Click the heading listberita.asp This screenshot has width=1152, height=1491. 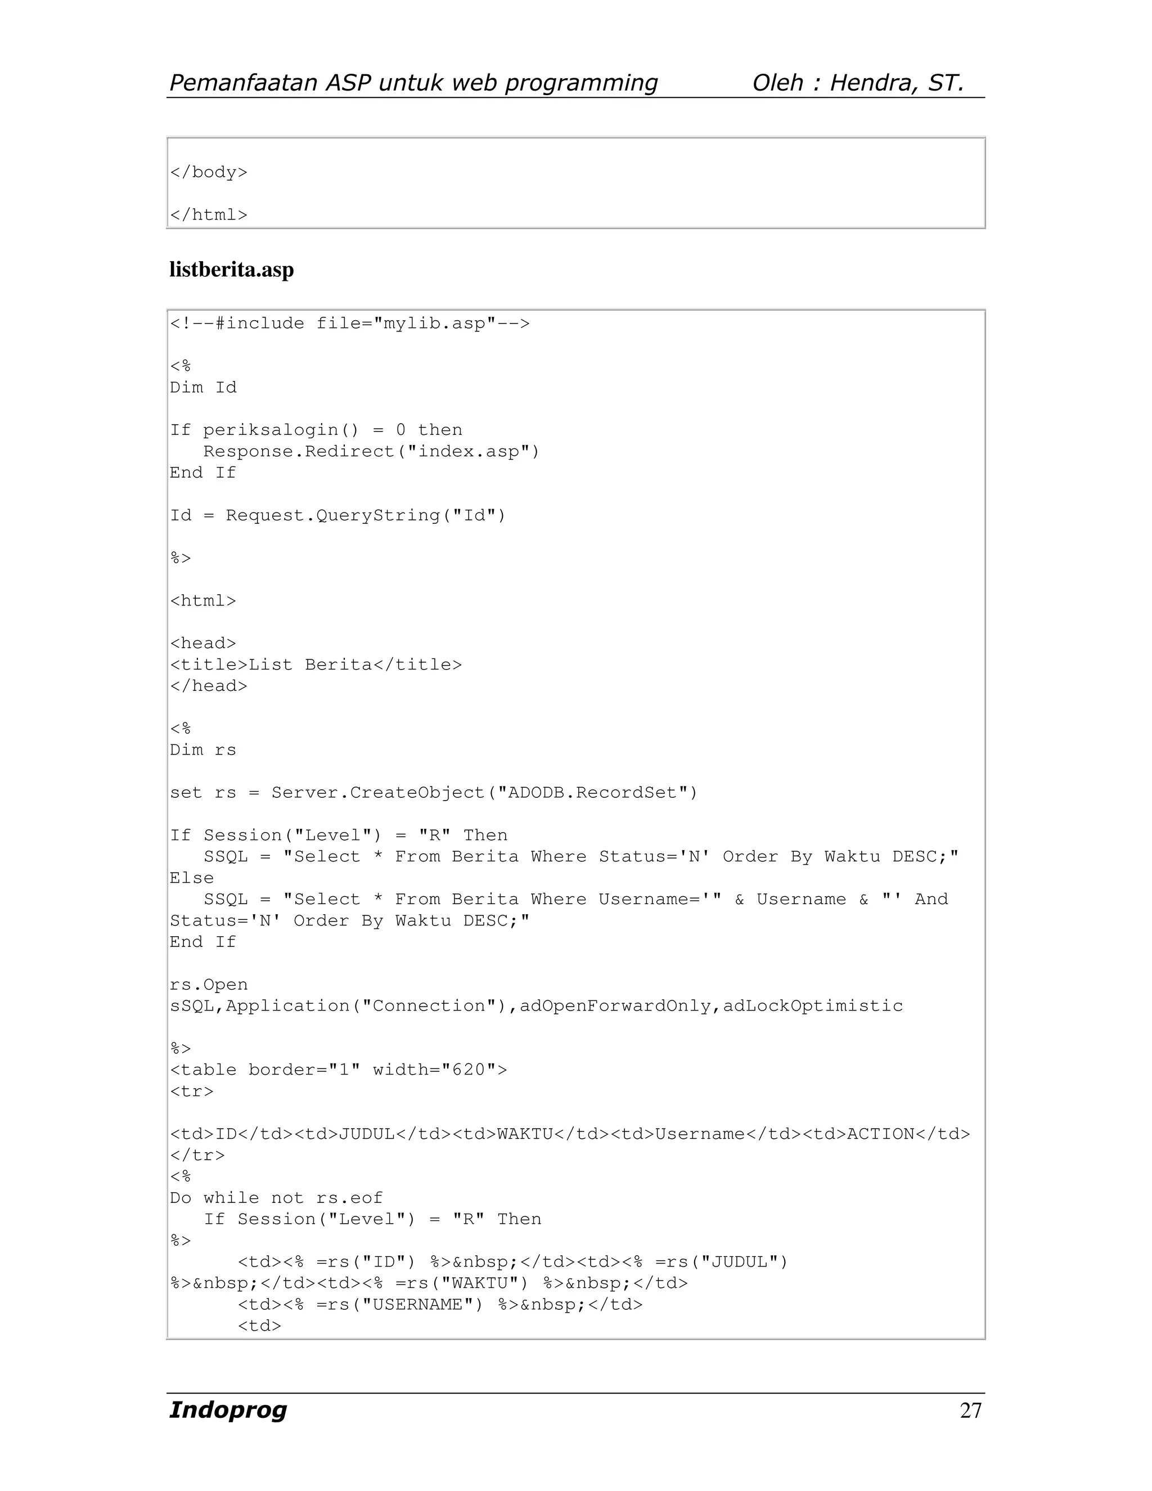pos(231,270)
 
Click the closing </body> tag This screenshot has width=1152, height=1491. pos(208,172)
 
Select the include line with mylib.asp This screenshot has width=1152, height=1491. pos(349,323)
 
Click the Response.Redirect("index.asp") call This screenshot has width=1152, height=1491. pos(371,451)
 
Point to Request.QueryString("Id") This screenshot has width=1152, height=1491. pos(366,515)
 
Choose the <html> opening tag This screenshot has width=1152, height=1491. pos(202,601)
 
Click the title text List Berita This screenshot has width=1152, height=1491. pos(310,664)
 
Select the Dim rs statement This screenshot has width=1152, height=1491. pos(202,749)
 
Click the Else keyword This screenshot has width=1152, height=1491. pos(192,878)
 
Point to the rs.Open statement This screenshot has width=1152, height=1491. pos(208,985)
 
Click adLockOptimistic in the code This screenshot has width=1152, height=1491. pos(813,1005)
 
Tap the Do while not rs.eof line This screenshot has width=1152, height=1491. pos(276,1197)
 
